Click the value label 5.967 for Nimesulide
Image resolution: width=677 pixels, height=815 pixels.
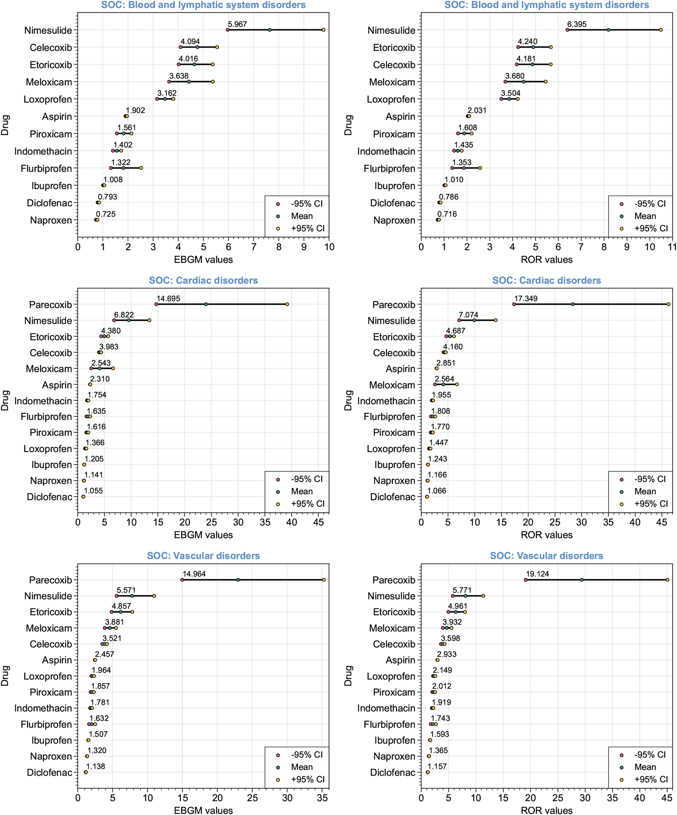237,24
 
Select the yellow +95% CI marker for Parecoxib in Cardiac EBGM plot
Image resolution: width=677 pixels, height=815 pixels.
287,304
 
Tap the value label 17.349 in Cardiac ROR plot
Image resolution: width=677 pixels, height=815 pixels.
526,299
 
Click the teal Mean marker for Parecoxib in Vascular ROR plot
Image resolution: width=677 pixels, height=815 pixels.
581,580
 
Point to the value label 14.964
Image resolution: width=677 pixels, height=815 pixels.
194,574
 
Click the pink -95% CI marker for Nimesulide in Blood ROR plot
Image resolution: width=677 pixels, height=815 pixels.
567,30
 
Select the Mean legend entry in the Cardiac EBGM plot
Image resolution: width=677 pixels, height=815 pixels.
301,491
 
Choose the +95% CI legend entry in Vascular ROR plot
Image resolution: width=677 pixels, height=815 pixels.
651,779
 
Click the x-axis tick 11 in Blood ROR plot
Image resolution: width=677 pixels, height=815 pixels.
672,247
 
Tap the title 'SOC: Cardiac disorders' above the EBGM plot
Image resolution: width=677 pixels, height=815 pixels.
203,280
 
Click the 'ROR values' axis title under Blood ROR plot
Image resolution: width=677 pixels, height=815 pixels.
546,260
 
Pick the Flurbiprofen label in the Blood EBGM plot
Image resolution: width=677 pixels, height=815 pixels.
46,169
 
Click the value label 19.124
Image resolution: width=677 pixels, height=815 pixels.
537,574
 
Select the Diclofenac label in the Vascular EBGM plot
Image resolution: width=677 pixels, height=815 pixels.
49,772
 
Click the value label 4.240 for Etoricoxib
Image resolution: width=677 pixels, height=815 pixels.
527,42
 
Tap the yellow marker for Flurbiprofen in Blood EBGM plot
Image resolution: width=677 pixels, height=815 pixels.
141,168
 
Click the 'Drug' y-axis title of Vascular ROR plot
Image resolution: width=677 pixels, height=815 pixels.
348,676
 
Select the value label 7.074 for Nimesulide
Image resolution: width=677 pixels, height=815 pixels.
468,315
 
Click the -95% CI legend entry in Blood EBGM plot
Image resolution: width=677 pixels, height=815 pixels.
306,204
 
